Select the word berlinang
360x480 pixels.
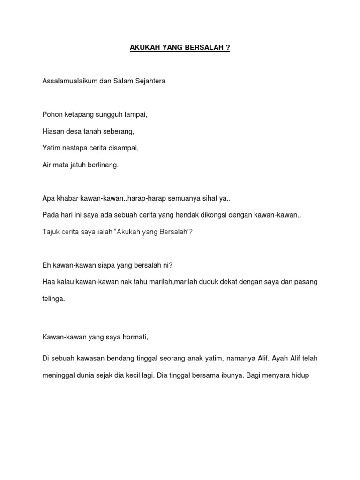pos(103,165)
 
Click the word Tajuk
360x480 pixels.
pos(51,232)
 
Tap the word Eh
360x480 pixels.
pos(46,265)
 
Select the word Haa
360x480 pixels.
pos(48,282)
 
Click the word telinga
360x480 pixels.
pos(53,299)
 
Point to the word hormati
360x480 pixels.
pos(136,337)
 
